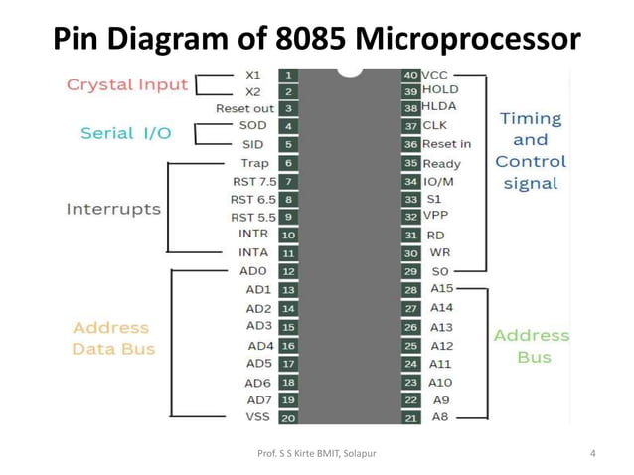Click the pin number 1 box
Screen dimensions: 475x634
pos(287,75)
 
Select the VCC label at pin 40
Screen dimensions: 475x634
pos(435,75)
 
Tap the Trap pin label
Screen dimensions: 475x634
pos(253,163)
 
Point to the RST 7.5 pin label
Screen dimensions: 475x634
pos(253,181)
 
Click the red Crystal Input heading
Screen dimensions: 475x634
pos(126,84)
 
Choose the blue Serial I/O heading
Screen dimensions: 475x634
pos(125,133)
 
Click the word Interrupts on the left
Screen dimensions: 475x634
pos(112,209)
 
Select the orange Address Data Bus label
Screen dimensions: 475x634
pos(112,338)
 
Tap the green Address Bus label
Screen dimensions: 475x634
pos(532,346)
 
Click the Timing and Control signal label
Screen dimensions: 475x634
pos(531,150)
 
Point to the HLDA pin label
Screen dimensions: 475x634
pos(440,106)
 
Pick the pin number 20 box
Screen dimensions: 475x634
pos(287,418)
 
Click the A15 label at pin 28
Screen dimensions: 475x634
pos(441,289)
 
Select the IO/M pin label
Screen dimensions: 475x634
pos(440,182)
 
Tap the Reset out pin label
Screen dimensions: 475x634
pos(244,108)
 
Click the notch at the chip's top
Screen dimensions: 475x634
pos(350,72)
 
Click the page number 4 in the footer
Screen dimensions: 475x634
pos(592,454)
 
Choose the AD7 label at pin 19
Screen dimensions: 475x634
pos(257,399)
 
